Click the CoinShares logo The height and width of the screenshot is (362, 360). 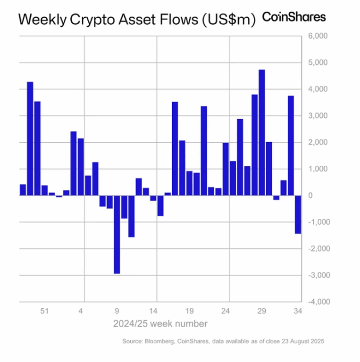click(293, 17)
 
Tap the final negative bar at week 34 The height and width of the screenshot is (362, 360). click(298, 215)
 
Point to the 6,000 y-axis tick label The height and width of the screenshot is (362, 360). click(316, 36)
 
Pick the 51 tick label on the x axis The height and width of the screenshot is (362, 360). click(45, 311)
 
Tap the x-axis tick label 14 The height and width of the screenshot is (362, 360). click(153, 311)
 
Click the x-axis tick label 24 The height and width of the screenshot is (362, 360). click(226, 311)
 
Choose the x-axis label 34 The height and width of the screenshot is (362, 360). click(298, 311)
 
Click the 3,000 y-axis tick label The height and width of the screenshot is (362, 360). click(316, 116)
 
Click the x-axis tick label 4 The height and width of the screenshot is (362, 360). click(81, 311)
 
